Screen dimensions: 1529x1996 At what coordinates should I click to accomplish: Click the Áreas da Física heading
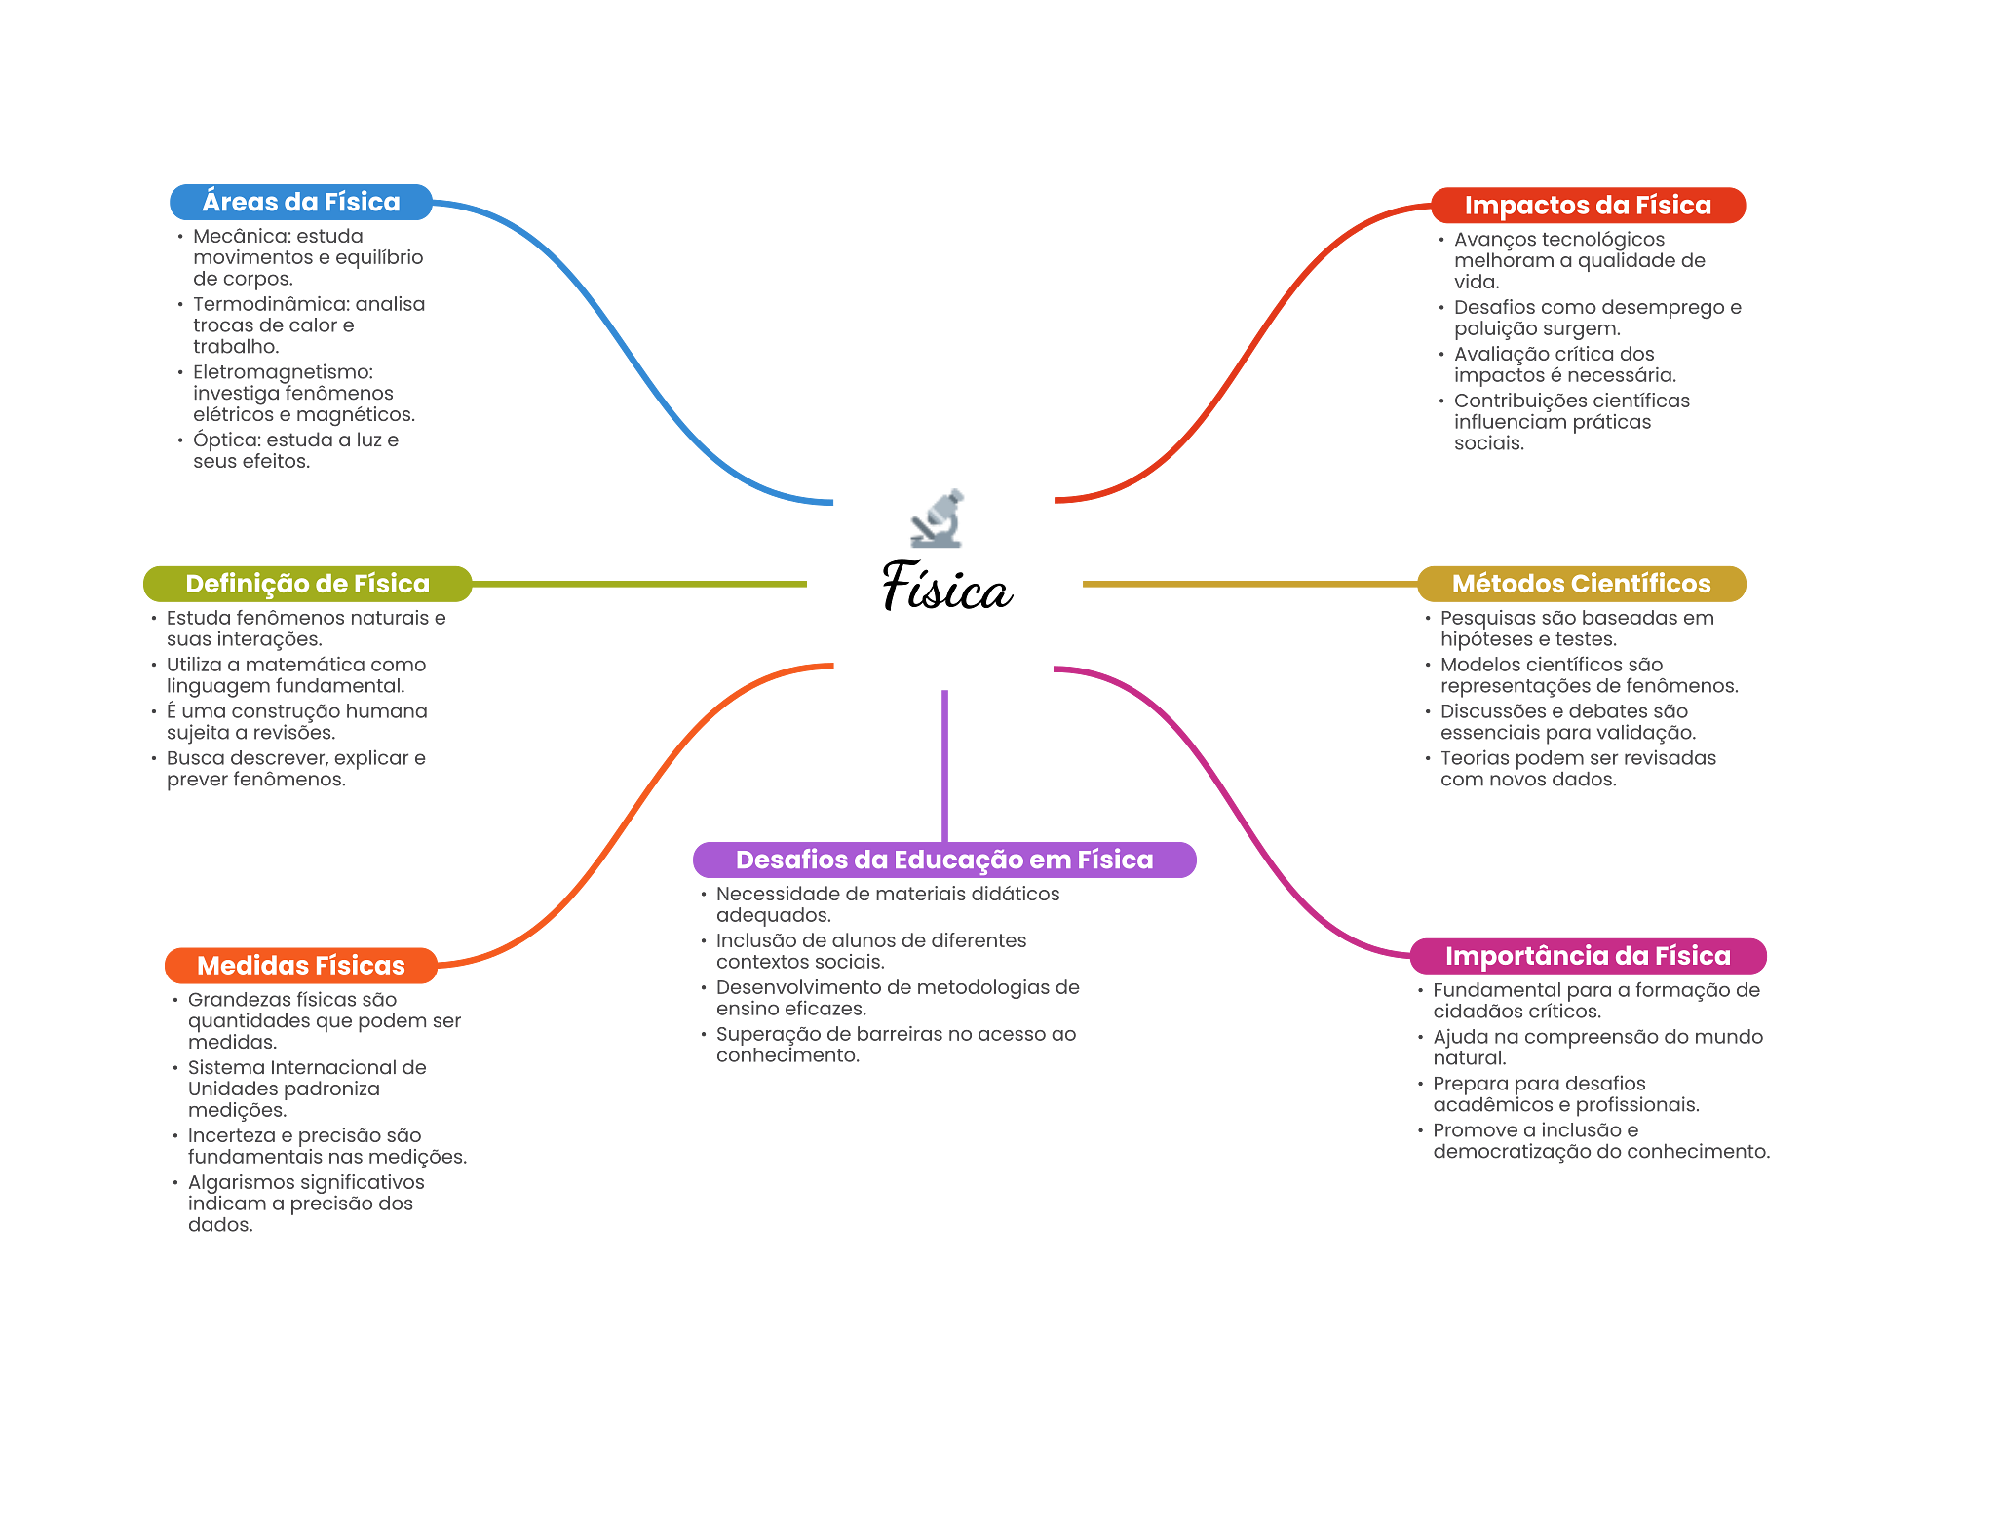click(x=300, y=202)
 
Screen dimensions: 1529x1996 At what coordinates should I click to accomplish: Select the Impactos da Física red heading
click(x=1587, y=205)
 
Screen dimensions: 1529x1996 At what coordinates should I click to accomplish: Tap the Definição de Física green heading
click(x=307, y=584)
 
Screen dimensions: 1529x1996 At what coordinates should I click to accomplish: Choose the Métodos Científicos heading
click(x=1580, y=584)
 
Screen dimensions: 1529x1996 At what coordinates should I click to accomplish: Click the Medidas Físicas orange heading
click(x=300, y=965)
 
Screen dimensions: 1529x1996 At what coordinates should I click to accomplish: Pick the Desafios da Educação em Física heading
click(x=943, y=860)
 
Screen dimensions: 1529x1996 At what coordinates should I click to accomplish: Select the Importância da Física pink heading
click(x=1587, y=955)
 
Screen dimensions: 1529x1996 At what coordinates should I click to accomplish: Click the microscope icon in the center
click(x=937, y=518)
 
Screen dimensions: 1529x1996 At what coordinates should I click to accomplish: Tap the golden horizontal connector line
click(x=1247, y=584)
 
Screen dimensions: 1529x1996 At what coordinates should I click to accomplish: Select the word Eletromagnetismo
click(x=283, y=372)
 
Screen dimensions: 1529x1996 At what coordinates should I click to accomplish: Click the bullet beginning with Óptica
click(x=295, y=450)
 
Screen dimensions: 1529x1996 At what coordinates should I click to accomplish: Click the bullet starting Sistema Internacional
click(x=306, y=1089)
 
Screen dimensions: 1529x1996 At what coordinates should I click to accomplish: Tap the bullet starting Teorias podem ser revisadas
click(x=1577, y=769)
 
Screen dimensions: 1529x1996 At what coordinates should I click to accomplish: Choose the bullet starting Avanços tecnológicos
click(x=1578, y=260)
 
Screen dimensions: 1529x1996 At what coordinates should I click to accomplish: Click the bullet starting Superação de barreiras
click(x=895, y=1045)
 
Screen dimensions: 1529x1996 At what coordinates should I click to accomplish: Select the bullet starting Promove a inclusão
click(x=1598, y=1141)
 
